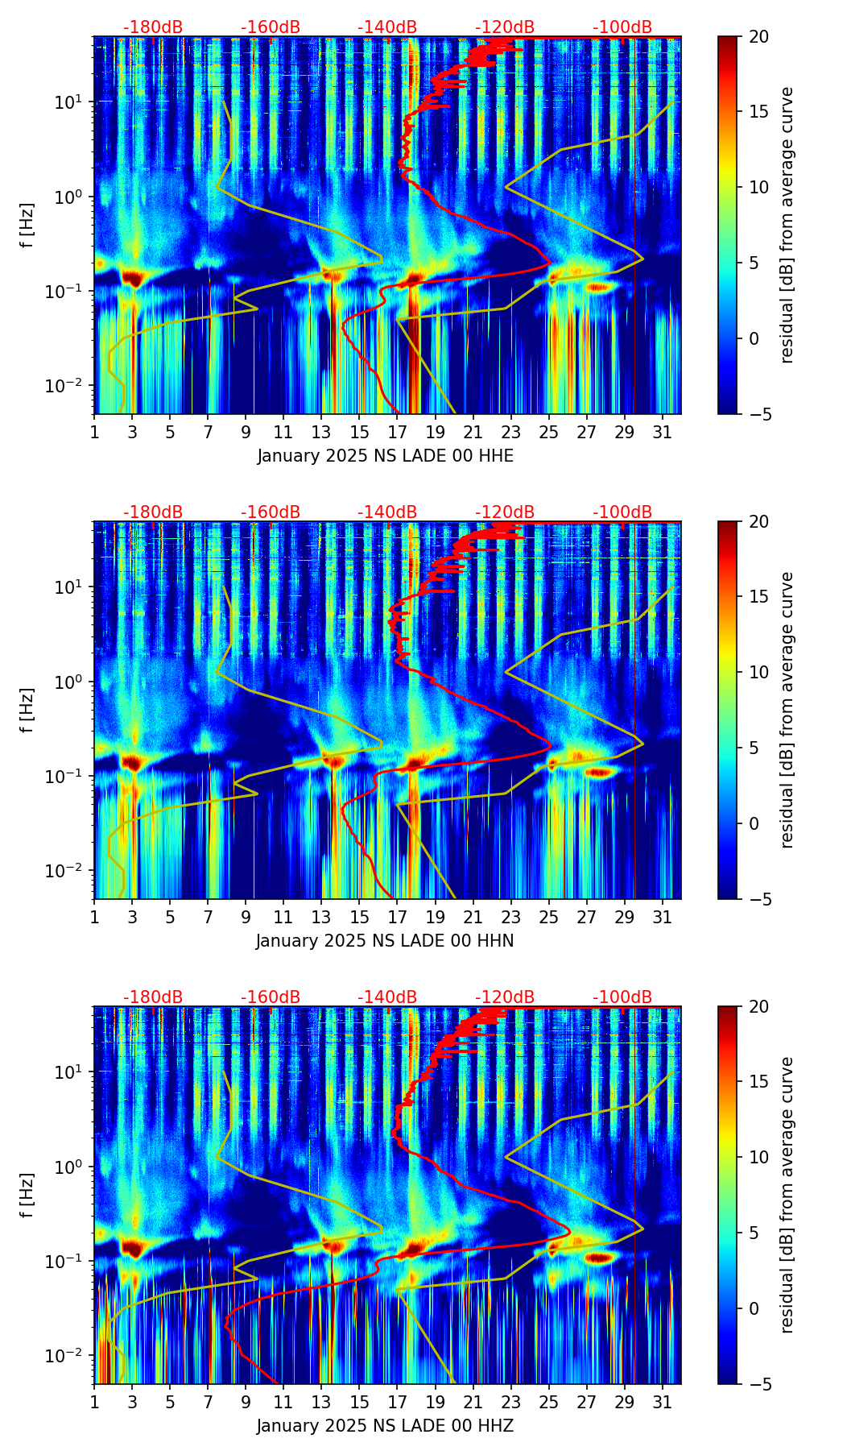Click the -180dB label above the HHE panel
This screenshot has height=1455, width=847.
153,27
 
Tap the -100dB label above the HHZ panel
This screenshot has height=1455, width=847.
622,997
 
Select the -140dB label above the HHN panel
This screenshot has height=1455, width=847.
387,512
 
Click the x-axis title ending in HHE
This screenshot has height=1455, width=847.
386,456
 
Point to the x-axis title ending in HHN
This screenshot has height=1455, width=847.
385,941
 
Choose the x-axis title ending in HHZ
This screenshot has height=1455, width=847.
385,1426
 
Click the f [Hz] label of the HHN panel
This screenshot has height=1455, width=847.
27,710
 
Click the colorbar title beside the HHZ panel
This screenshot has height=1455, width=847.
787,1195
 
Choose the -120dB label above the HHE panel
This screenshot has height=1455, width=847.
505,27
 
